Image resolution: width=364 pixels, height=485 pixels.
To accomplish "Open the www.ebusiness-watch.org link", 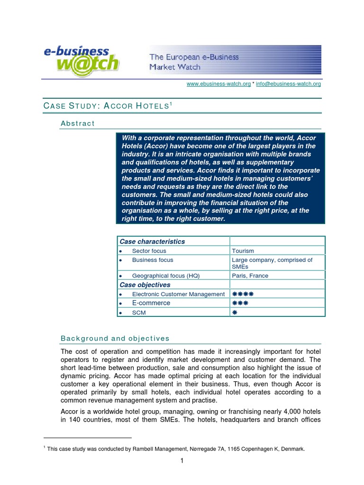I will [x=218, y=84].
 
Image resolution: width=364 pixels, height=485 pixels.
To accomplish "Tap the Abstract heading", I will [x=78, y=124].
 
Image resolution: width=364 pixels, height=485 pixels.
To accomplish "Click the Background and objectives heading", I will [x=115, y=339].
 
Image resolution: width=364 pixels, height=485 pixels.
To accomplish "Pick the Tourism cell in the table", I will [x=243, y=251].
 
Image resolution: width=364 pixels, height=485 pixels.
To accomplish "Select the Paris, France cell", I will [x=250, y=276].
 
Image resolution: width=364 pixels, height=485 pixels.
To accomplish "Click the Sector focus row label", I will [x=149, y=251].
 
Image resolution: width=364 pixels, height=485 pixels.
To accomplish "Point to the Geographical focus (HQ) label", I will [x=167, y=276].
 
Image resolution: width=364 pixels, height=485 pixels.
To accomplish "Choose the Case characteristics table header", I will [x=152, y=242].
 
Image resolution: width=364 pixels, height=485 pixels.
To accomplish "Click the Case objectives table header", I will [x=145, y=285].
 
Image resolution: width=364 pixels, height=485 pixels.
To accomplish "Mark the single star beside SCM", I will [x=234, y=313].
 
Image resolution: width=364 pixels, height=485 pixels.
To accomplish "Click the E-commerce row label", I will [x=151, y=303].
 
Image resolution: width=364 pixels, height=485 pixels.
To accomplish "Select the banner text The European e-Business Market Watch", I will [x=194, y=62].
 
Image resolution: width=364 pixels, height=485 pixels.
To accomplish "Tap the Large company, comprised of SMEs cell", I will [x=272, y=263].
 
